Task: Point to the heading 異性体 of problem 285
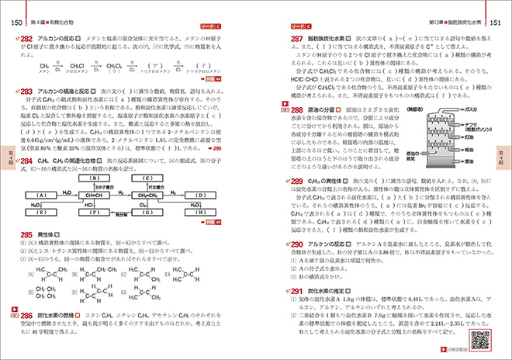tap(47, 234)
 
